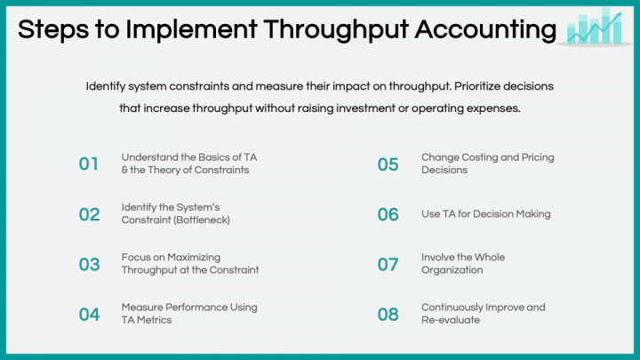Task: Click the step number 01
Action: (x=89, y=164)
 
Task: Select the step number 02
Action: (x=89, y=214)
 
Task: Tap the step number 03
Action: (x=89, y=264)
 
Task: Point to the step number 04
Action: (x=89, y=314)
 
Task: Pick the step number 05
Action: (x=388, y=164)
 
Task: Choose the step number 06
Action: (x=388, y=214)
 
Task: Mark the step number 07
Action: (x=388, y=264)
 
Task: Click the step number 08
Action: (x=388, y=314)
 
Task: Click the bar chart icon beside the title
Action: (x=595, y=27)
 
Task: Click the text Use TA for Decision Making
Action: (x=486, y=214)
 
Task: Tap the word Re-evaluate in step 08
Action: (x=450, y=320)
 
